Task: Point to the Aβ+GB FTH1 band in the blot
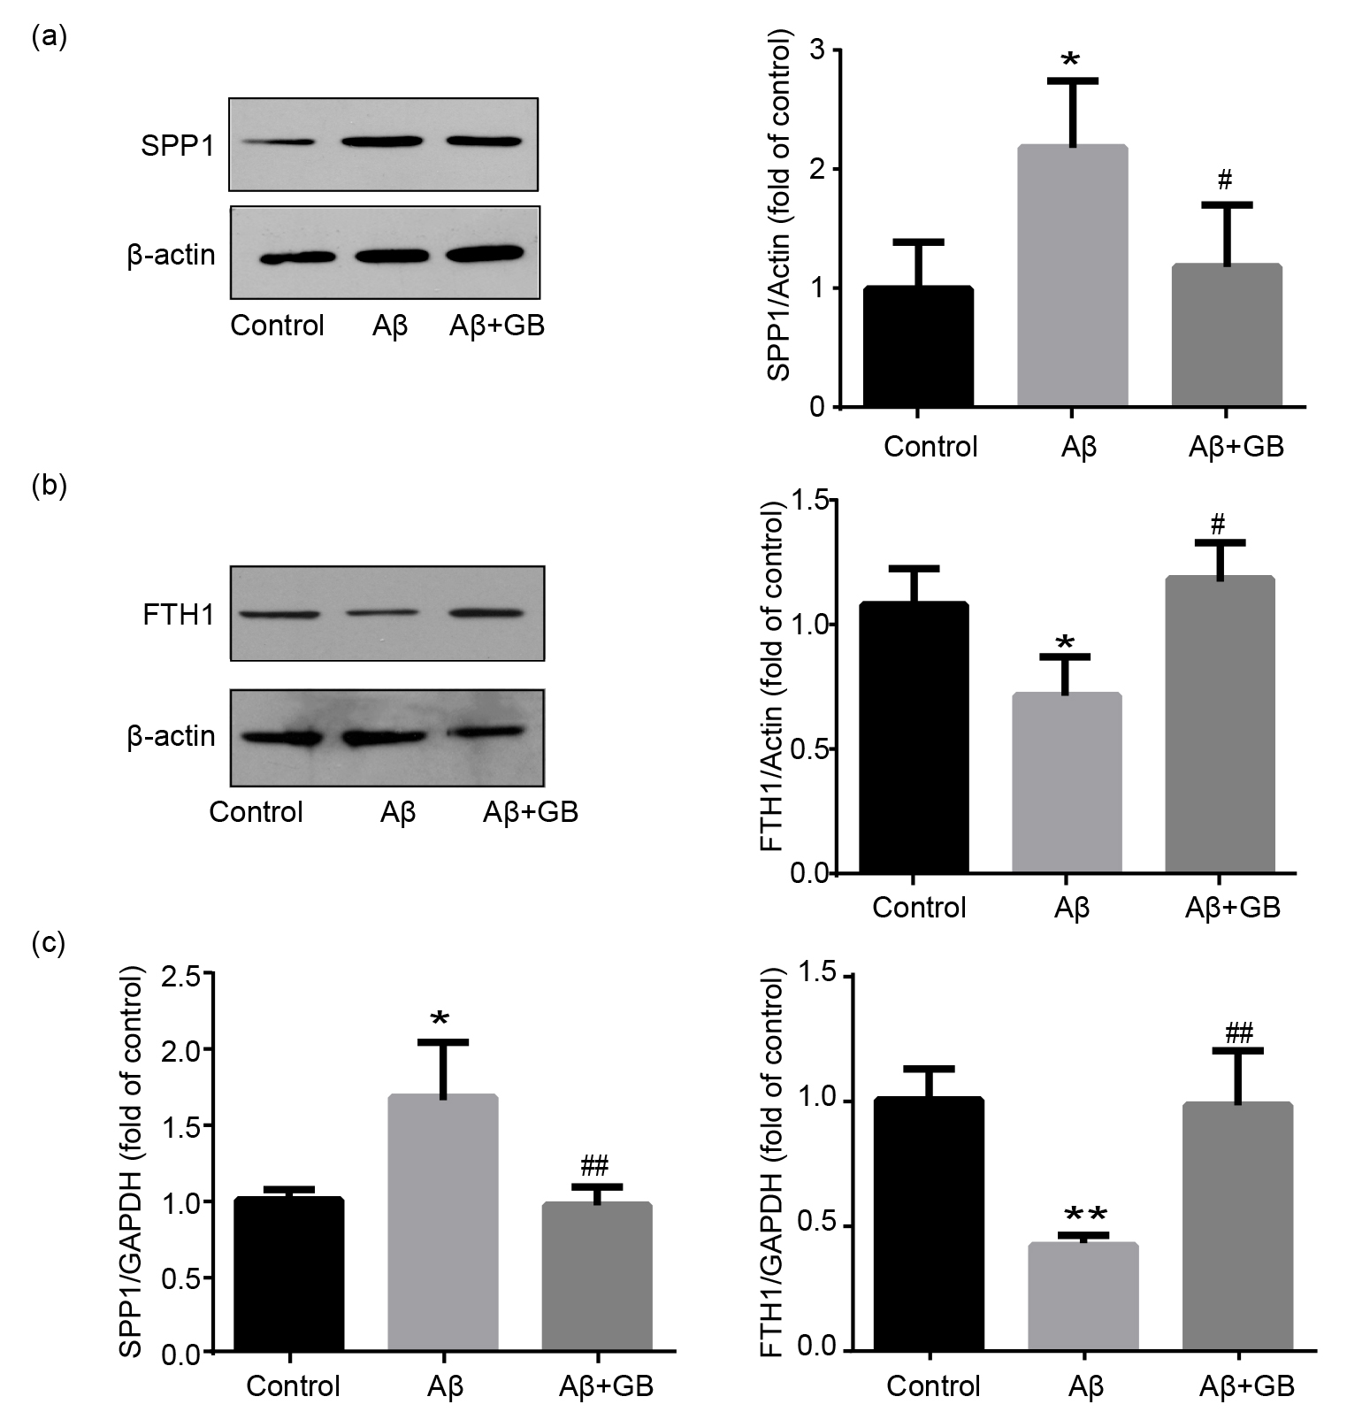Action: [x=492, y=612]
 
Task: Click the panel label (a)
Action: [x=49, y=36]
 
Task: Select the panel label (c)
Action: [x=49, y=943]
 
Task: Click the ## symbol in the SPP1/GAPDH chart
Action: [x=595, y=1164]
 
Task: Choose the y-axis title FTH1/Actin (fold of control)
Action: [x=772, y=676]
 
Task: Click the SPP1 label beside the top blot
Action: [x=178, y=145]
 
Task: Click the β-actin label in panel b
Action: [x=171, y=736]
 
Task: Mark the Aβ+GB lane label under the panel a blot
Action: [x=497, y=326]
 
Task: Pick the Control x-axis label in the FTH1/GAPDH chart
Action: [x=933, y=1385]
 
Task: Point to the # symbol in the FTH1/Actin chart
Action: [x=1218, y=525]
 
